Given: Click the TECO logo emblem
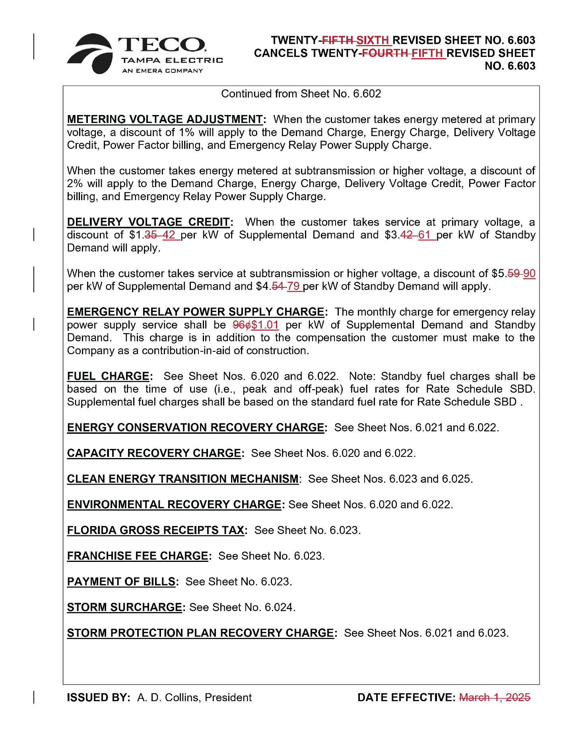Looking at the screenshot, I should click(91, 53).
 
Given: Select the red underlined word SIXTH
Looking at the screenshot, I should click(372, 40).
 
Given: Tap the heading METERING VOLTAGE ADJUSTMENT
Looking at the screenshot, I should click(165, 119).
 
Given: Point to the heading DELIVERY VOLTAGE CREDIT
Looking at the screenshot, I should click(148, 222).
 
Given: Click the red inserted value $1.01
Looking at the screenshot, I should click(265, 325).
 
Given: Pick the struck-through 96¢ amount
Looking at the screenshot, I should click(241, 325).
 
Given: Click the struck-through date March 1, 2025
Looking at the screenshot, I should click(494, 697).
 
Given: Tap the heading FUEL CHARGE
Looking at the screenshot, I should click(108, 376).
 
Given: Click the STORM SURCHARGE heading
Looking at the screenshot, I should click(124, 607).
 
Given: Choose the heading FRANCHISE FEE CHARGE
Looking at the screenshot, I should click(138, 556).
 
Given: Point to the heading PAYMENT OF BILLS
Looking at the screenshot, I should click(121, 581).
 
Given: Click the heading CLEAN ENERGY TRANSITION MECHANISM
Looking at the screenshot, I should click(183, 479).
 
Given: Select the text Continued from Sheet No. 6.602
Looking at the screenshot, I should click(301, 94).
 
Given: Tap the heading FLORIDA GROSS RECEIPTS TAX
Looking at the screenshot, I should click(155, 530).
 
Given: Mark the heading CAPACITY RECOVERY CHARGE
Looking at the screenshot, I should click(154, 453).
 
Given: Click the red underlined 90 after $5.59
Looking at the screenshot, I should click(529, 273).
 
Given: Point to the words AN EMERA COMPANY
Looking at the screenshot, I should click(163, 71).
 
